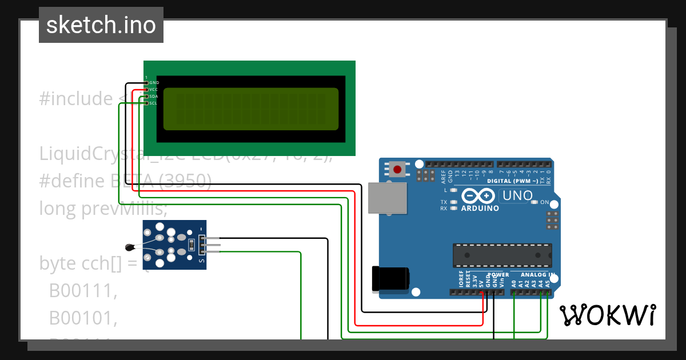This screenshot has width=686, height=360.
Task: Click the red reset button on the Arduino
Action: tap(397, 169)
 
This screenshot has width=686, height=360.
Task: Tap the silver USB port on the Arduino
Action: tap(388, 198)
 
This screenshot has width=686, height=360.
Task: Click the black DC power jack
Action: tap(390, 278)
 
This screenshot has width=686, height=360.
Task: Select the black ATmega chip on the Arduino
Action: tap(502, 255)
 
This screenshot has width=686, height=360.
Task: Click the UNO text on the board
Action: tap(516, 196)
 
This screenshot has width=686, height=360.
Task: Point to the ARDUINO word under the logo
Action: tap(480, 208)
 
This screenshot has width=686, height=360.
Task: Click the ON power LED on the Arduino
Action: tap(535, 202)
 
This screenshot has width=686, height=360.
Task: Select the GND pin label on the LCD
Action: tap(154, 83)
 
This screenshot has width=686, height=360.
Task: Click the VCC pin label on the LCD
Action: tap(154, 90)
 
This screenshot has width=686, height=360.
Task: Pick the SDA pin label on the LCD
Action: tap(154, 97)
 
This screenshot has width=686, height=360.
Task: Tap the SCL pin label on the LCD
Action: tap(154, 103)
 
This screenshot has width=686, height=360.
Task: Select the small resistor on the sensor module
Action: tap(191, 246)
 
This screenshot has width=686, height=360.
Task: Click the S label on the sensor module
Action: tap(201, 261)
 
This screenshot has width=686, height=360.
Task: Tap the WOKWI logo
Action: tap(607, 315)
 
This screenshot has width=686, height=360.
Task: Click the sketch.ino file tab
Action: tap(101, 25)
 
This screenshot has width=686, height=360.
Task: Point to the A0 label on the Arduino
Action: tap(514, 283)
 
